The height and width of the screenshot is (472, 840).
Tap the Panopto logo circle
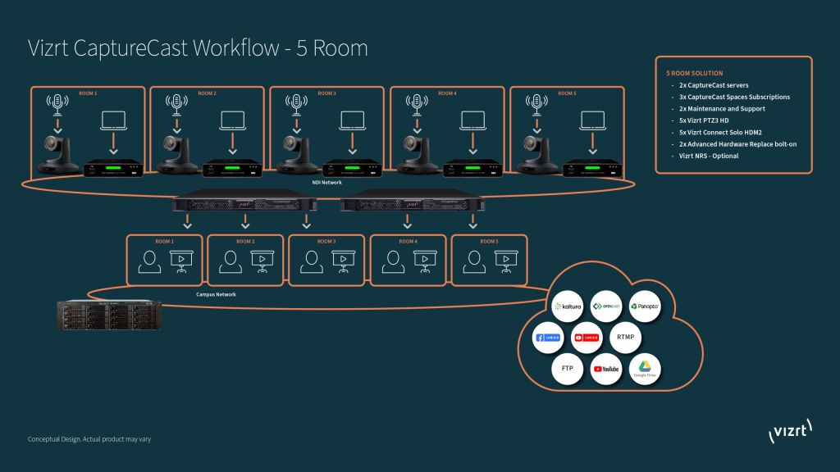point(645,306)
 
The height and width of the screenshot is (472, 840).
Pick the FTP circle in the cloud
point(568,368)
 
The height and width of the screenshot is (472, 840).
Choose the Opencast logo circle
point(606,306)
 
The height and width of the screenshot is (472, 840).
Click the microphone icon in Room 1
point(57,104)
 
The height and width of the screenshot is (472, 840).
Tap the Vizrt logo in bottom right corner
point(789,432)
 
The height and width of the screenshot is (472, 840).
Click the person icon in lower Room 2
point(229,261)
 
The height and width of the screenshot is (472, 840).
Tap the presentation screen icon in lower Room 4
point(424,261)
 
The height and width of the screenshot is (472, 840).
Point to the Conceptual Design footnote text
point(89,439)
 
